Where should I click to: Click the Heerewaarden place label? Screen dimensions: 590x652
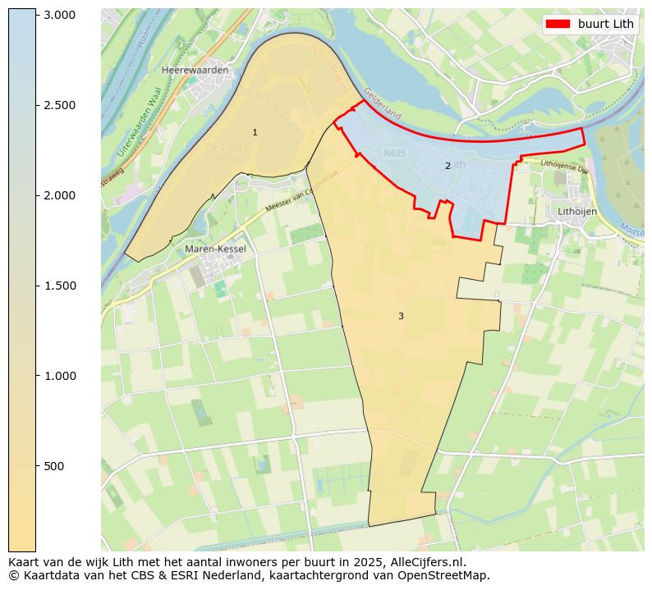tap(195, 71)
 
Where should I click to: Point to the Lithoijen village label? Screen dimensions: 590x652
tap(576, 211)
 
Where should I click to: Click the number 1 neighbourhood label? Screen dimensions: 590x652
tap(255, 132)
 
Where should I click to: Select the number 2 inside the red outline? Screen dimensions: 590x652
tap(448, 166)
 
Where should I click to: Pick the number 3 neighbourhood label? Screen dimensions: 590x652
tap(401, 316)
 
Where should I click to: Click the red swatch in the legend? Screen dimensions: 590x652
tap(558, 24)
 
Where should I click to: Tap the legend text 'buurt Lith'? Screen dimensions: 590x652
tap(605, 24)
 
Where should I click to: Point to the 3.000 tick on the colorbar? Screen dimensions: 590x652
tap(59, 15)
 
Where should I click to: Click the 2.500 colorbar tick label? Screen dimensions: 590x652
tap(59, 105)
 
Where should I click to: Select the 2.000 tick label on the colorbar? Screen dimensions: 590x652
tap(59, 195)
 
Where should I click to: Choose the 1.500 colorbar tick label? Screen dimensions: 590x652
tap(59, 286)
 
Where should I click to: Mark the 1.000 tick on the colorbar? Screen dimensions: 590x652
tap(59, 376)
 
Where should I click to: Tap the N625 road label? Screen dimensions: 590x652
tap(394, 153)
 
